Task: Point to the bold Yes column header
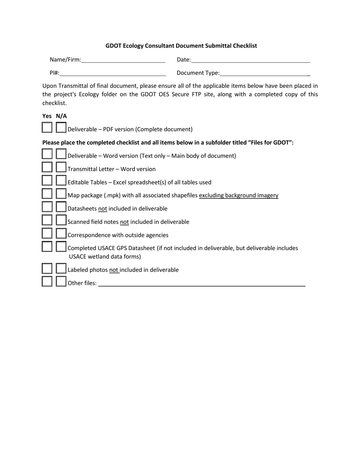(x=47, y=116)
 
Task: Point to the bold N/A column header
(x=61, y=116)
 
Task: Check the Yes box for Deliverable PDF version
(x=47, y=127)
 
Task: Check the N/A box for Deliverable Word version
(x=61, y=154)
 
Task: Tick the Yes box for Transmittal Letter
(x=47, y=167)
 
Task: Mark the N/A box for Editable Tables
(x=61, y=180)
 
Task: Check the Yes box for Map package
(x=47, y=194)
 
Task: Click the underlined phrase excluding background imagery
(x=238, y=195)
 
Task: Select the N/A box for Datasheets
(x=61, y=207)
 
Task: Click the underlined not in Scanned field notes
(x=124, y=222)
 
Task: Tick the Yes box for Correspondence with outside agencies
(x=47, y=233)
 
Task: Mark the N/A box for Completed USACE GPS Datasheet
(x=61, y=247)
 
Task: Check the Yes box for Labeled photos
(x=47, y=269)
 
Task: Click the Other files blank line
(x=202, y=283)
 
